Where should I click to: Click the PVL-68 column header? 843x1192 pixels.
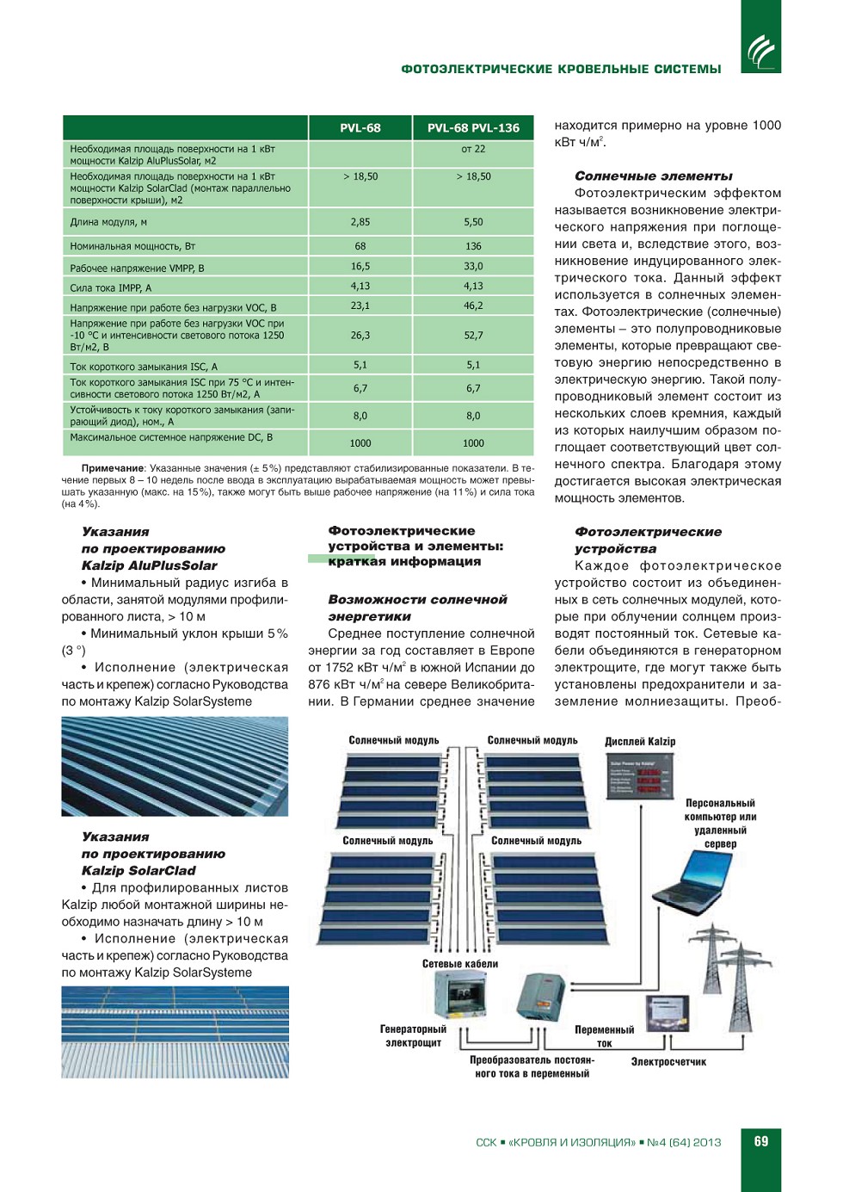[360, 128]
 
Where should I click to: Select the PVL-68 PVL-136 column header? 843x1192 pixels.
[473, 128]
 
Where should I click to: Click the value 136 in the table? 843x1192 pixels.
[473, 246]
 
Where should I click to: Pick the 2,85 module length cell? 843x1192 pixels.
[360, 222]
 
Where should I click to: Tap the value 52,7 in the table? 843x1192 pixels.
[473, 336]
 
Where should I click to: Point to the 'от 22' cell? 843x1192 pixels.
[473, 149]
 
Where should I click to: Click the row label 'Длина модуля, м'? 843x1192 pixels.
[108, 222]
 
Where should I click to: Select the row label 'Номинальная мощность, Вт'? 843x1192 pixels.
[132, 246]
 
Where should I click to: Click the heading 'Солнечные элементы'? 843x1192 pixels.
[653, 176]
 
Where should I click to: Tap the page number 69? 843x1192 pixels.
[761, 1141]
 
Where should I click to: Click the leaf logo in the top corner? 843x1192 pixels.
[760, 52]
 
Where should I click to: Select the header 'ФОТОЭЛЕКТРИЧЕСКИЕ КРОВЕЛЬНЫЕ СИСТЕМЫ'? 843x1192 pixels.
[561, 70]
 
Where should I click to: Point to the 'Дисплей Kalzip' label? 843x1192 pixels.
[640, 741]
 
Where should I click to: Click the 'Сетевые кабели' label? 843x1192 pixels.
[459, 964]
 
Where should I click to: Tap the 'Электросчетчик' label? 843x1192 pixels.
[668, 1062]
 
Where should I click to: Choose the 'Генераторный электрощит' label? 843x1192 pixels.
[413, 1036]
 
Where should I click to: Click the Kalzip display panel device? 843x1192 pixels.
[638, 775]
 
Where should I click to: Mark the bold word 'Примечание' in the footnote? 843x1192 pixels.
[113, 468]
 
